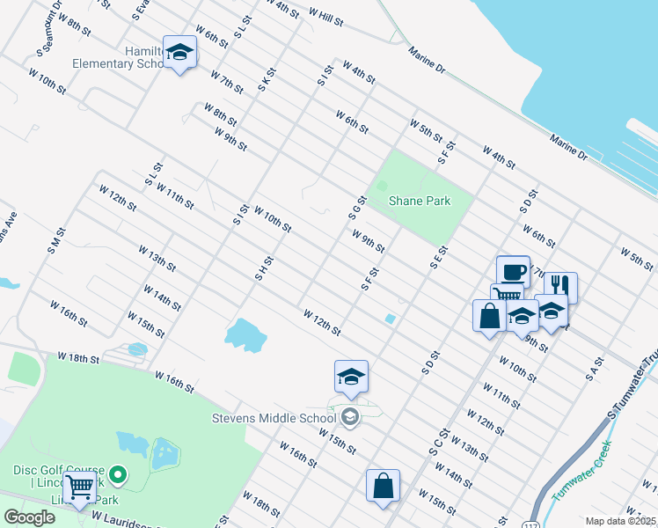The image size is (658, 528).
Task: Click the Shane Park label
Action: [x=420, y=202]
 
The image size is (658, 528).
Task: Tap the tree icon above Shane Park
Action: [x=382, y=186]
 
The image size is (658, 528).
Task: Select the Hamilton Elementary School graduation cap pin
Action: [x=179, y=53]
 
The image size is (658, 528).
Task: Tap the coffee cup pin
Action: [x=513, y=271]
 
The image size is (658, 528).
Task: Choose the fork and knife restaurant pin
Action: [x=560, y=287]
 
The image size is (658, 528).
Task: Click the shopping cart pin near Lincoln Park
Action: [x=80, y=486]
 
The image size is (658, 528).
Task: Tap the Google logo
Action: [x=29, y=517]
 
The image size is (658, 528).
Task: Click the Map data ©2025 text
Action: [x=620, y=521]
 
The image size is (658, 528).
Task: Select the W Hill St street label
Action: [x=325, y=16]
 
